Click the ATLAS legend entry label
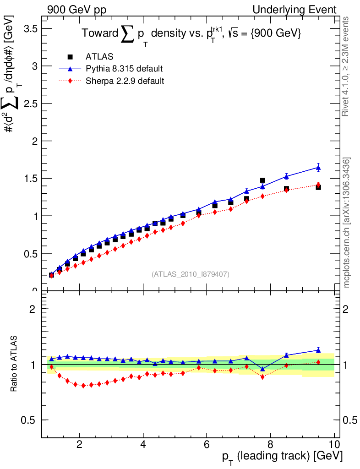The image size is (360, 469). coord(99,57)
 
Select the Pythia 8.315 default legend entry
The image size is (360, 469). coord(124,69)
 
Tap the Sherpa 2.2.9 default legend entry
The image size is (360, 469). coord(125,82)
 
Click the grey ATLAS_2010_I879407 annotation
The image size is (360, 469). coord(191,274)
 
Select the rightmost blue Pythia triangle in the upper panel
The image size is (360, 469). coord(318,168)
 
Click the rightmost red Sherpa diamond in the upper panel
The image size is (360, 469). coord(318,185)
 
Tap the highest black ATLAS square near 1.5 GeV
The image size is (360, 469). coord(262,180)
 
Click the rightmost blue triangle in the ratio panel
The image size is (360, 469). coord(318,350)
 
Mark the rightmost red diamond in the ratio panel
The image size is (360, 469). coord(318,362)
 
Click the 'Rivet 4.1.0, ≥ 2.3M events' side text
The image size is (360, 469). coord(346,66)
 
